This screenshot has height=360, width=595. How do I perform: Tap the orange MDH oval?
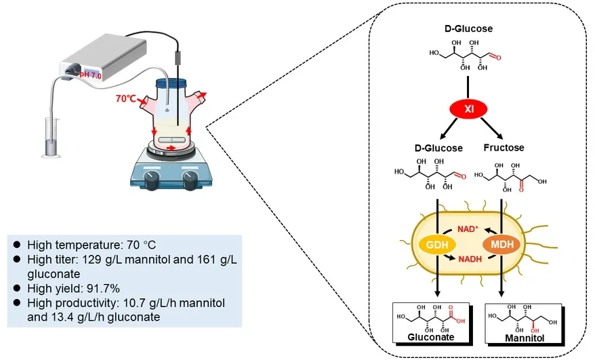tap(500, 243)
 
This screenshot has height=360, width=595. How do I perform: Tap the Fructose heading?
tap(505, 148)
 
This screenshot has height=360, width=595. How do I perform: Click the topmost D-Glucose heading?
tap(465, 30)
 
